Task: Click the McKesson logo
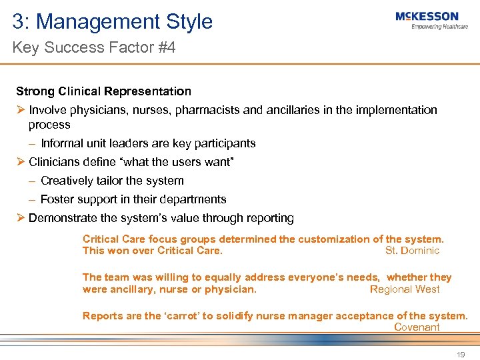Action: pos(427,17)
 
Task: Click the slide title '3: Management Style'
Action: pos(112,21)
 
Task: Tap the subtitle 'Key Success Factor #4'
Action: pos(94,48)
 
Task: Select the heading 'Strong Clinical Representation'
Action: pos(103,91)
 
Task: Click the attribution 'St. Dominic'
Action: pos(412,251)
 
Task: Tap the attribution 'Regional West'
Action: pos(405,289)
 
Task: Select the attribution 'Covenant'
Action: pos(417,327)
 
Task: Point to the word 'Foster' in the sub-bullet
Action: pos(56,199)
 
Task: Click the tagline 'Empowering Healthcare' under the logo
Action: pos(439,27)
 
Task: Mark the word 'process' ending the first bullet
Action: pos(49,125)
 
